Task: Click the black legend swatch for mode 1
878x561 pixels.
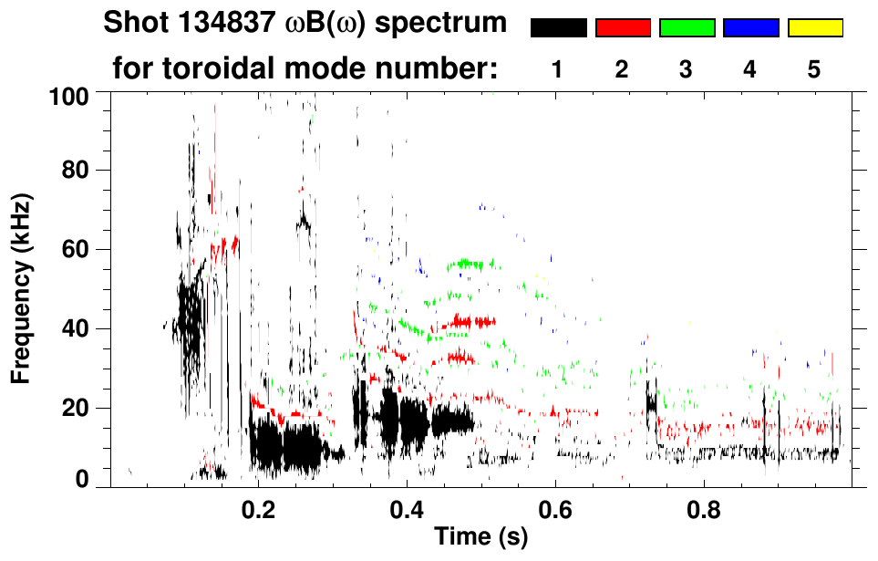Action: [559, 28]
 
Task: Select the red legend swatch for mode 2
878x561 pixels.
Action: [623, 28]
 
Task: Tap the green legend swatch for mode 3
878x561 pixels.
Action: [687, 28]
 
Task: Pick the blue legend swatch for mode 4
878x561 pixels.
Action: [750, 28]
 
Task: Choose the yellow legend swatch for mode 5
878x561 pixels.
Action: [814, 28]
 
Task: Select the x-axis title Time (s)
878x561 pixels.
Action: [480, 538]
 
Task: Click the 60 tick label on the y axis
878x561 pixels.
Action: [86, 249]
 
